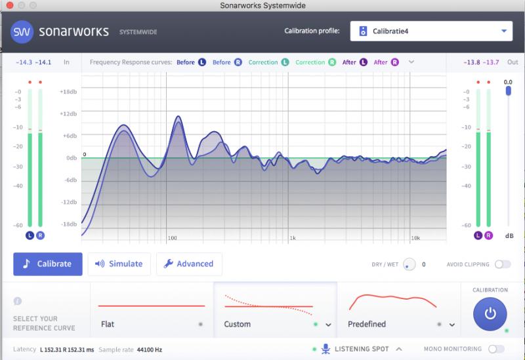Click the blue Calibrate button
coord(48,264)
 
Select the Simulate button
coord(119,264)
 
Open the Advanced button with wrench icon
coord(189,264)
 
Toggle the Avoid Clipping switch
coord(503,264)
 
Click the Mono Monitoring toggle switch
coord(496,349)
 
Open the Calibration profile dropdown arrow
coord(504,31)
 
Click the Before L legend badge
coord(202,62)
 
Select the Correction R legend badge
coord(332,62)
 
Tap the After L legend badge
coord(364,62)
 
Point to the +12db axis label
coord(68,113)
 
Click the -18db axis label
coord(69,224)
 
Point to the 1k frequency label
coord(293,238)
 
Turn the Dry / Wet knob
coord(409,264)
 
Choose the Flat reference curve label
coord(108,324)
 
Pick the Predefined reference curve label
coord(367,324)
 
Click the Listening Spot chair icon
coord(325,349)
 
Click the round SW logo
coord(22,31)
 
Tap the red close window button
coord(10,5)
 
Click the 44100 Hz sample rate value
coord(150,350)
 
